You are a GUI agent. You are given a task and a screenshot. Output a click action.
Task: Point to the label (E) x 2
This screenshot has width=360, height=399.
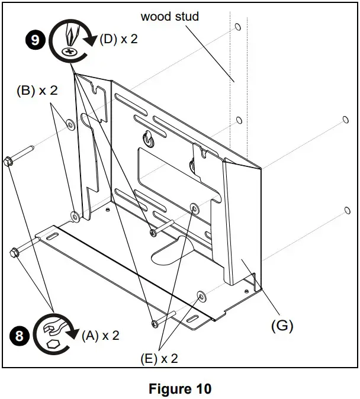point(158,358)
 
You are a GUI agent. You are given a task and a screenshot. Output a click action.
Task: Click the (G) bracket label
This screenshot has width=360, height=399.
point(281,325)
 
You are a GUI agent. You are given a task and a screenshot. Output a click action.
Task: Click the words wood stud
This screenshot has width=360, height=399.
point(169,16)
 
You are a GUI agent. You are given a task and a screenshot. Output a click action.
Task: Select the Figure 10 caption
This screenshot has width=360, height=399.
point(180,389)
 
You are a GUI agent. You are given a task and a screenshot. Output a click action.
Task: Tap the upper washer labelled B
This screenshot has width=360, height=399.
point(70,124)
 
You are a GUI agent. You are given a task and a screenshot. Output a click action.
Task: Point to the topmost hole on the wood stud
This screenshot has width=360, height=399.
point(237,27)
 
